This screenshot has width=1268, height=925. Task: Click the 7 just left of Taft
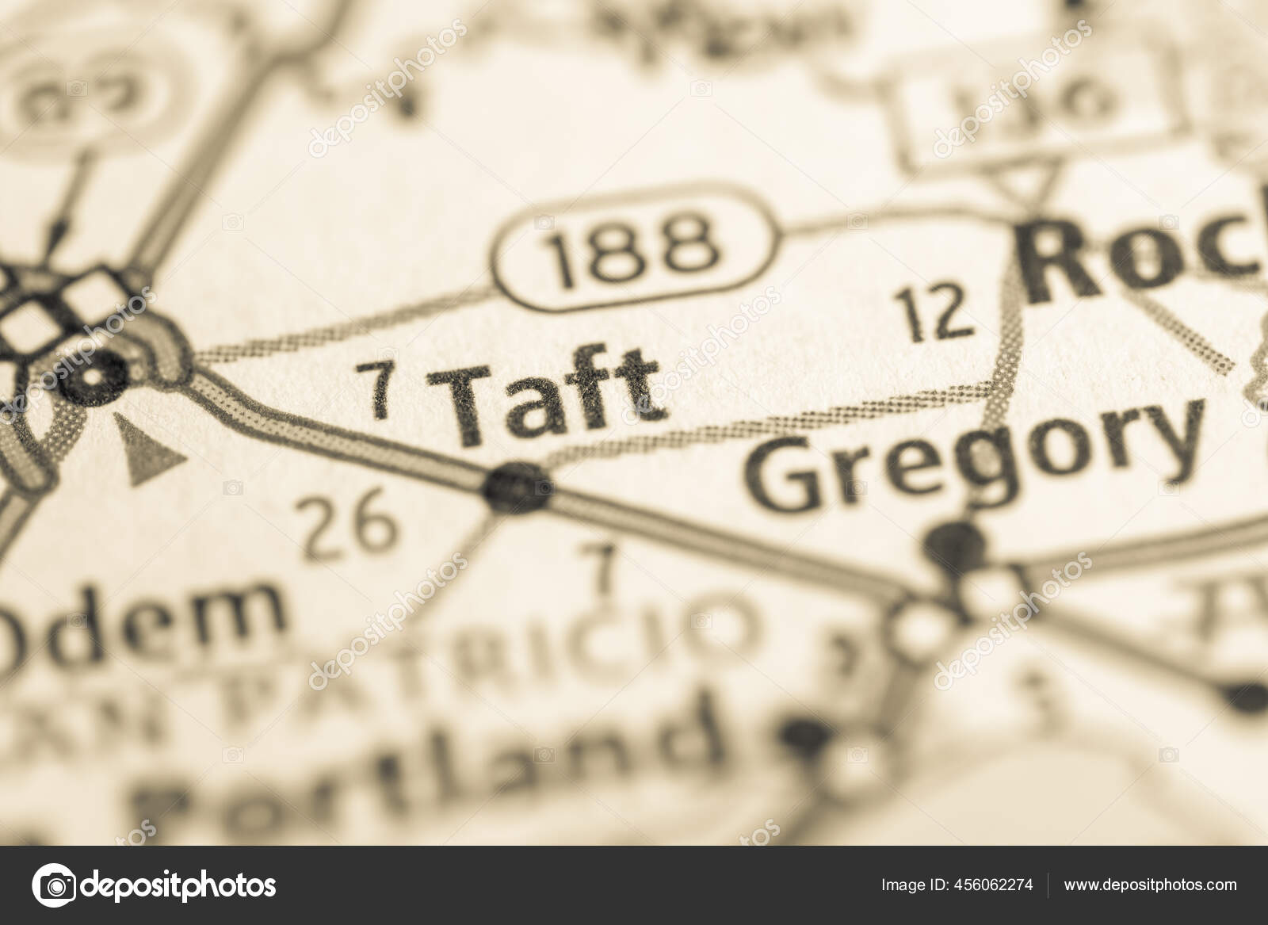pos(381,389)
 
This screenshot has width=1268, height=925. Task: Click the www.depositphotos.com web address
pos(1150,885)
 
